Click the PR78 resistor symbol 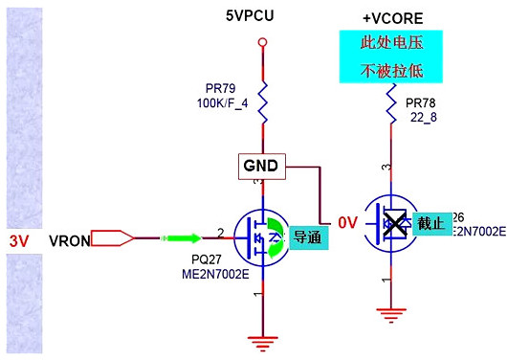pos(390,103)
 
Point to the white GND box pos(260,166)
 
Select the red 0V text pos(346,223)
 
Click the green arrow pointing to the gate pos(185,237)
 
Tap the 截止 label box pos(430,222)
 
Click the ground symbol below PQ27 pos(261,336)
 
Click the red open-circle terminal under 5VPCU pos(261,42)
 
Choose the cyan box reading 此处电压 pos(389,44)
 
